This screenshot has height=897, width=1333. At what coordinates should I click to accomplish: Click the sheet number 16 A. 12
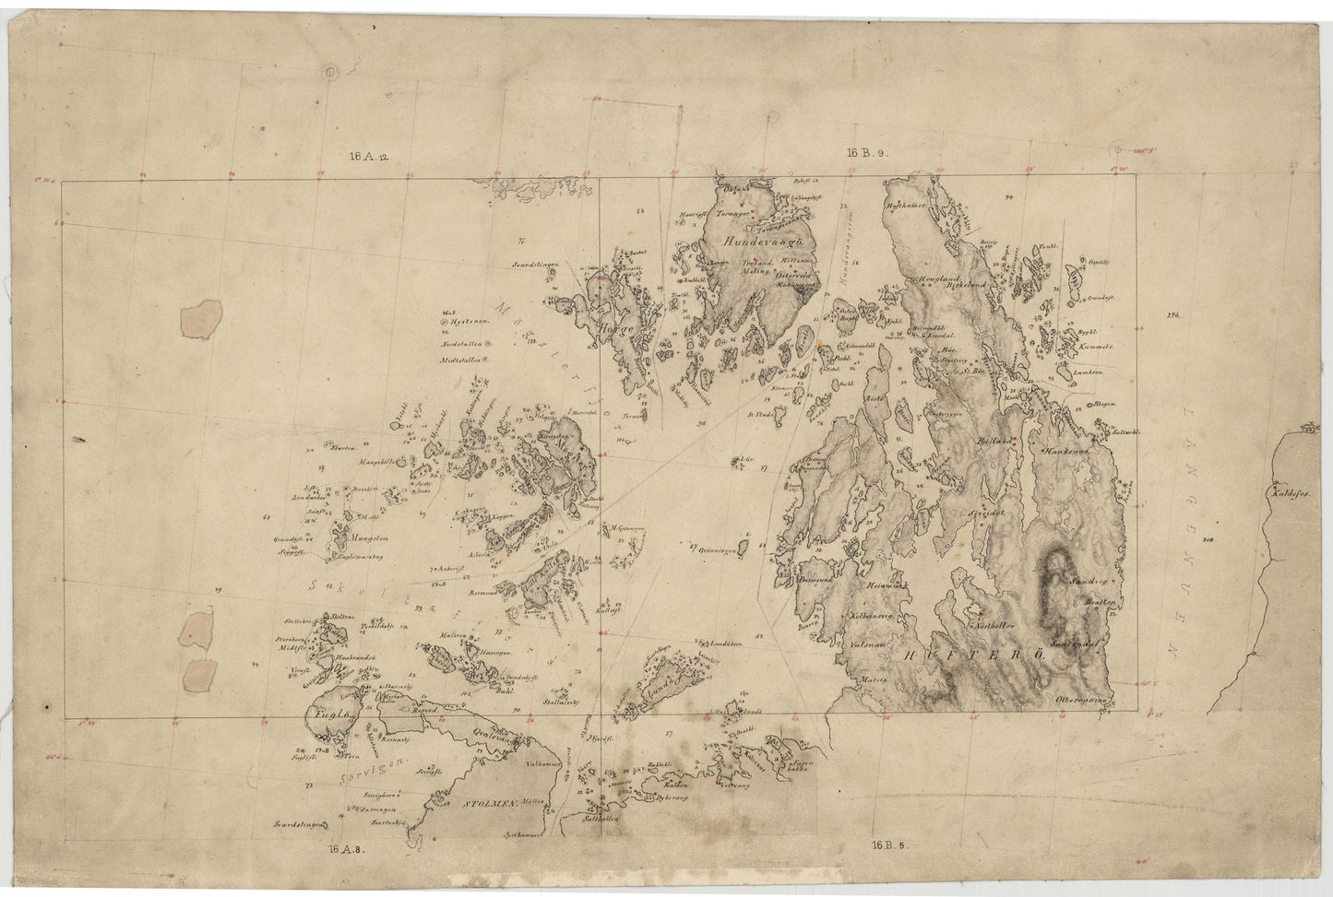click(369, 158)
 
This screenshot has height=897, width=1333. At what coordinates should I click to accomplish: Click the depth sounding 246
click(1173, 316)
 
